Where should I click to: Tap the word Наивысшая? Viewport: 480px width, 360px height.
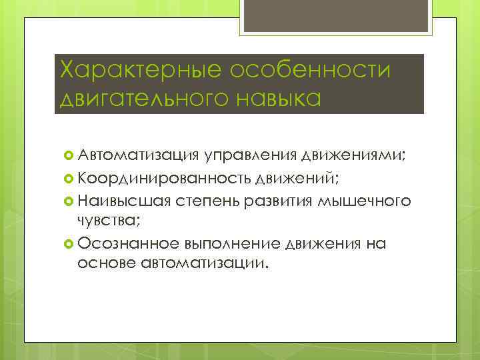pyautogui.click(x=125, y=201)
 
